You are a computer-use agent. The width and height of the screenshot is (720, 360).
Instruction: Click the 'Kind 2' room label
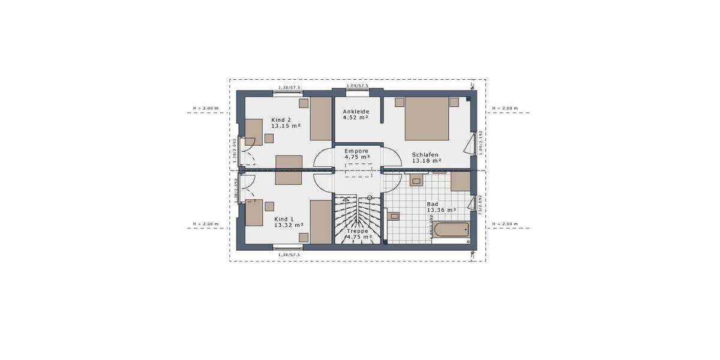(x=281, y=119)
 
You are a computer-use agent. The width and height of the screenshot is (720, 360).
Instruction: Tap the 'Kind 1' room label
(x=284, y=220)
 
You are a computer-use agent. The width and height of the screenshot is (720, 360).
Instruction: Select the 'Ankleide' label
(x=356, y=112)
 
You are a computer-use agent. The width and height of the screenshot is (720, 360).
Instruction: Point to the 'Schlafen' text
(x=425, y=154)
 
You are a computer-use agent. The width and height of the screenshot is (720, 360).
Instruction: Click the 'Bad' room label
(x=432, y=204)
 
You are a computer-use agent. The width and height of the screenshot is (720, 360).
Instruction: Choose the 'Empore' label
(x=356, y=151)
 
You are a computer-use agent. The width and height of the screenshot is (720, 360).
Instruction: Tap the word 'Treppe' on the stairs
(x=357, y=230)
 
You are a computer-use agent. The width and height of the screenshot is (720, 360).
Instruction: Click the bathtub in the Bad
(x=451, y=230)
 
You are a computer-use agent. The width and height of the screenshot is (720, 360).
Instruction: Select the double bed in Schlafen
(x=427, y=118)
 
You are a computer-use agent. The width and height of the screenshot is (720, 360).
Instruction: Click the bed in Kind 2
(x=321, y=119)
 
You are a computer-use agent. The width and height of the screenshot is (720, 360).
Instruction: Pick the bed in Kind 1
(x=321, y=222)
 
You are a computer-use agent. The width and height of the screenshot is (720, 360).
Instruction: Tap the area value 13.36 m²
(x=442, y=211)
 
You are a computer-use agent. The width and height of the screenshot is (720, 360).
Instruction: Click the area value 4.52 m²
(x=356, y=118)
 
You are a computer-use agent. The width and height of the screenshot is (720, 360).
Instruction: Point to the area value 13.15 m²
(x=286, y=126)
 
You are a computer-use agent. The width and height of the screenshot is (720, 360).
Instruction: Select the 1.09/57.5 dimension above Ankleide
(x=357, y=86)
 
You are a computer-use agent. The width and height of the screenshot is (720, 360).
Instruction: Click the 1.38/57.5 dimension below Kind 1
(x=289, y=255)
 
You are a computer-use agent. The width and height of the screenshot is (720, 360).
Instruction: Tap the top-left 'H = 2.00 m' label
(x=206, y=109)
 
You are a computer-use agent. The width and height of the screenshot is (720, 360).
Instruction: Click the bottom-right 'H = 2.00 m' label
(x=505, y=224)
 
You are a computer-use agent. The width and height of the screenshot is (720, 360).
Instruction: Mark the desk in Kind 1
(x=254, y=212)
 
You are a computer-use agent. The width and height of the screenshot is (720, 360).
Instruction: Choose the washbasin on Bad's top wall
(x=416, y=178)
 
